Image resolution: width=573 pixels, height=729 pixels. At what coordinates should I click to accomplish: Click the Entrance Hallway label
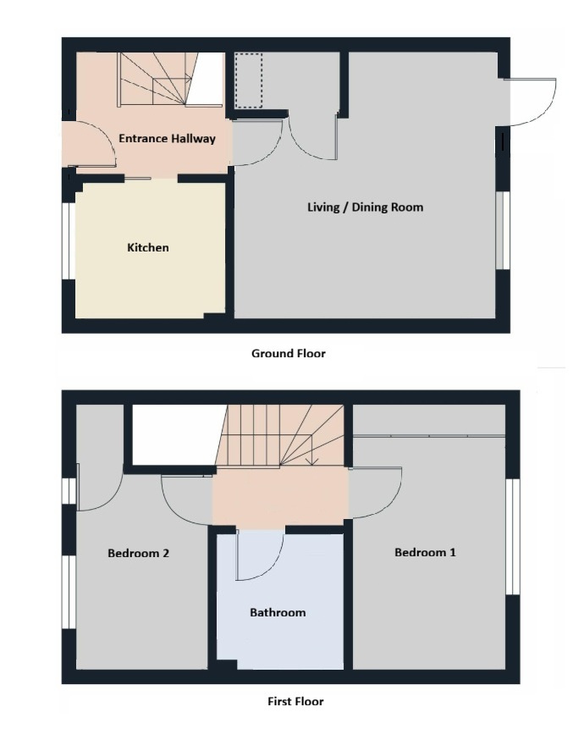pyautogui.click(x=167, y=139)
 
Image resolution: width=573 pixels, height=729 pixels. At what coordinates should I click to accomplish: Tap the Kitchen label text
pyautogui.click(x=148, y=247)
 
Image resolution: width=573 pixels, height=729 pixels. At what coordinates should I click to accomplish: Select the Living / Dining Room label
pyautogui.click(x=366, y=207)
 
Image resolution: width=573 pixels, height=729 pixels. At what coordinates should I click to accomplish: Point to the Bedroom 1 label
pyautogui.click(x=425, y=552)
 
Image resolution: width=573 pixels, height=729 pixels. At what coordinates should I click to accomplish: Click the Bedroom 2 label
pyautogui.click(x=138, y=553)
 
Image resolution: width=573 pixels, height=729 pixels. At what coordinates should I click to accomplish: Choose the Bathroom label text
pyautogui.click(x=278, y=612)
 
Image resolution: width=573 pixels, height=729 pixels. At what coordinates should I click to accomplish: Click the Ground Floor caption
pyautogui.click(x=289, y=353)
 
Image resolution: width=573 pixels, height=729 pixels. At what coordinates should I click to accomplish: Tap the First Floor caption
pyautogui.click(x=295, y=702)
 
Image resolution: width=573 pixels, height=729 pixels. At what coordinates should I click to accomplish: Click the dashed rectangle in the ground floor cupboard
pyautogui.click(x=249, y=80)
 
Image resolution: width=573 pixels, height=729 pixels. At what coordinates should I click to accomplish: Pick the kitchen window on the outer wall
pyautogui.click(x=69, y=240)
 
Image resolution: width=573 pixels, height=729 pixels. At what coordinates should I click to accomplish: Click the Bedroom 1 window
pyautogui.click(x=513, y=537)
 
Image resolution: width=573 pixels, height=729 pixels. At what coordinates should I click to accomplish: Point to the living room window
pyautogui.click(x=503, y=230)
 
